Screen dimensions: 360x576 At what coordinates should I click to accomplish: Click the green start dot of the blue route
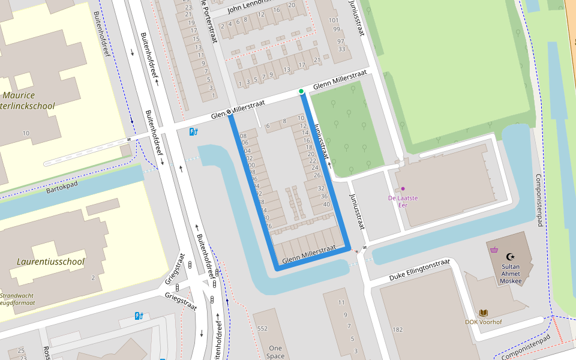click(x=301, y=91)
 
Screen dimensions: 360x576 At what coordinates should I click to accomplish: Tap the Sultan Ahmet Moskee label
click(x=511, y=273)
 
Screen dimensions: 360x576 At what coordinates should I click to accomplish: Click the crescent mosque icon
click(x=511, y=256)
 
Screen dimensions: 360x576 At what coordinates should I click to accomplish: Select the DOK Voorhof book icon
click(x=483, y=313)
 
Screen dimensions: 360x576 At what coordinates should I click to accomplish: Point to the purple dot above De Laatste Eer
click(x=403, y=188)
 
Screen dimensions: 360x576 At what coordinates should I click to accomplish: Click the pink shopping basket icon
click(x=494, y=250)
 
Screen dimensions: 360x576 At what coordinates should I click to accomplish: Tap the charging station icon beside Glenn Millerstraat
click(x=193, y=131)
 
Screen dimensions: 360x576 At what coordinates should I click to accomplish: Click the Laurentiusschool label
click(x=50, y=262)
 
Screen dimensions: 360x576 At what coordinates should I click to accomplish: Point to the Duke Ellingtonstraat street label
click(x=419, y=270)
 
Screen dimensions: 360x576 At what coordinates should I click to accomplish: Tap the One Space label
click(x=275, y=352)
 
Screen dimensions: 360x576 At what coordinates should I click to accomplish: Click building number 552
click(x=262, y=329)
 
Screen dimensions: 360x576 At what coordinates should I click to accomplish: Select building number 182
click(x=397, y=329)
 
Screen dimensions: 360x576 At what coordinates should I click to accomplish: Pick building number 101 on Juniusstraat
click(x=334, y=20)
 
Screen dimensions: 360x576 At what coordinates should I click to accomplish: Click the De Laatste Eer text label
click(x=403, y=201)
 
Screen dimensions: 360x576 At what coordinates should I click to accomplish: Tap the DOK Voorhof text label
click(x=483, y=322)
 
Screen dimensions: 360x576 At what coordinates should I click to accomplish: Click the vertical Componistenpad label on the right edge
click(x=539, y=200)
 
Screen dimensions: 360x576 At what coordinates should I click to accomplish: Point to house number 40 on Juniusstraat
click(x=326, y=204)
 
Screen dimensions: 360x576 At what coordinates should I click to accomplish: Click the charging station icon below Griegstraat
click(x=139, y=316)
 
